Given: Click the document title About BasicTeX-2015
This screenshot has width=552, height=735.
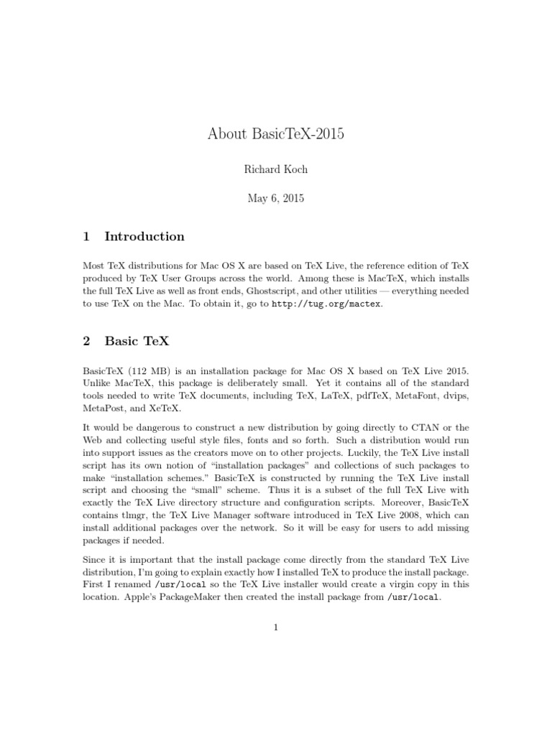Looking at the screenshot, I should pos(276,134).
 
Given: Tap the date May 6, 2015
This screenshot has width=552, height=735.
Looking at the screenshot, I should pos(276,198).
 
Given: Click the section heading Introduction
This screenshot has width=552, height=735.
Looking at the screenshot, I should pos(144,236).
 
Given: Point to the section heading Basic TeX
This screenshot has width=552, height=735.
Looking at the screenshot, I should pos(137,341).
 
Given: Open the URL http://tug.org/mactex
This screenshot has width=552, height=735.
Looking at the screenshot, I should pos(327,304).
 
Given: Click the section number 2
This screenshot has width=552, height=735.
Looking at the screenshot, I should pos(87,341).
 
